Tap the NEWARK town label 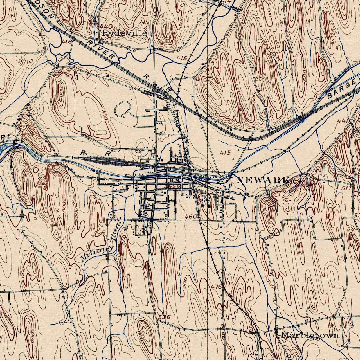pos(264,180)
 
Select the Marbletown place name pos(310,335)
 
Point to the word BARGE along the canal pos(341,90)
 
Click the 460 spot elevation pos(191,217)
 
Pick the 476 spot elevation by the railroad pos(216,287)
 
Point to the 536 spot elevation pos(164,317)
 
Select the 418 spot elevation pos(67,41)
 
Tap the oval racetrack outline pos(123,109)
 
